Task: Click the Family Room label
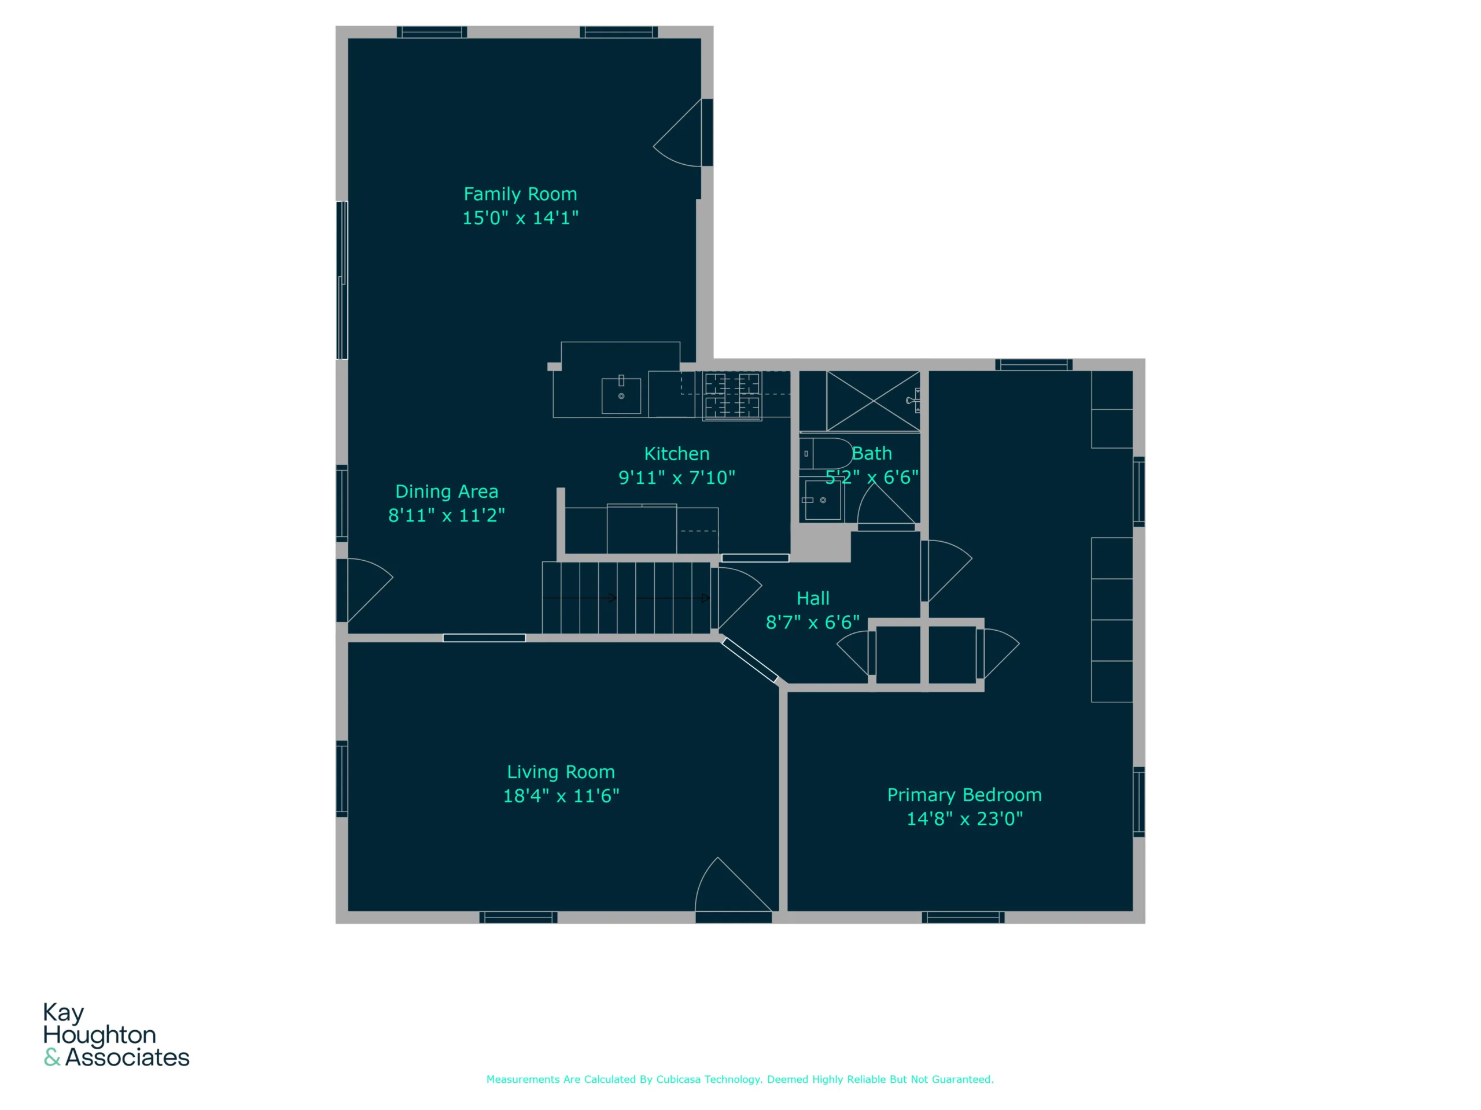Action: coord(520,194)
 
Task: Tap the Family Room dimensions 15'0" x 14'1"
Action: coord(520,218)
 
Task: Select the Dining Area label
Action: coord(447,492)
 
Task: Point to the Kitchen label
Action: coord(676,454)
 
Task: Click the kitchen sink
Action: coord(621,395)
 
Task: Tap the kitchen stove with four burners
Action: coord(732,396)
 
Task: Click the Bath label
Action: coord(872,454)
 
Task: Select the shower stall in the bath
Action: coord(873,401)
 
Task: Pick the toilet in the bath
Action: coord(826,454)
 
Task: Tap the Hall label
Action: coord(813,598)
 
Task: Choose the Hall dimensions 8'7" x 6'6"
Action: coord(813,623)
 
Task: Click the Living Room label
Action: coord(561,772)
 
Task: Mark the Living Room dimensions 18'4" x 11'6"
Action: coord(561,796)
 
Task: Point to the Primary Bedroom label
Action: coord(964,795)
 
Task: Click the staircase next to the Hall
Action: coord(626,597)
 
